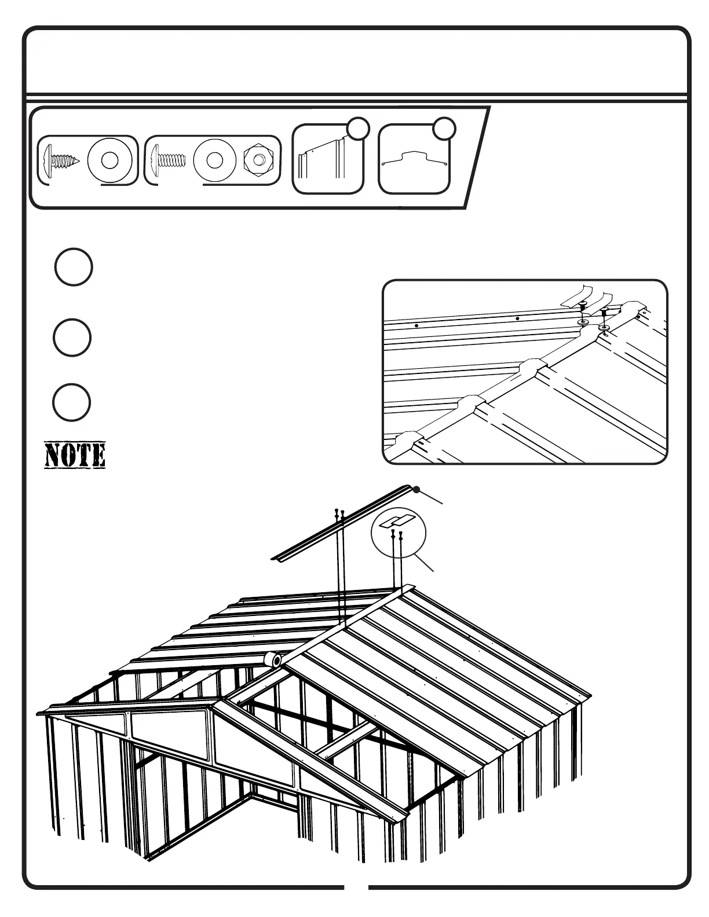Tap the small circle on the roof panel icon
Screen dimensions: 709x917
pyautogui.click(x=357, y=129)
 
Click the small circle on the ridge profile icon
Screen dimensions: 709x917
pyautogui.click(x=444, y=129)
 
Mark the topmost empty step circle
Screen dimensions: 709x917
pyautogui.click(x=74, y=267)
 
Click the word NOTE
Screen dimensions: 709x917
pyautogui.click(x=75, y=455)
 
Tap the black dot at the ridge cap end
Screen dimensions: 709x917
pyautogui.click(x=416, y=490)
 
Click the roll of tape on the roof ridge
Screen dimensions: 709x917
pyautogui.click(x=272, y=659)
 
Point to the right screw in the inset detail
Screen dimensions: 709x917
pyautogui.click(x=604, y=317)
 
